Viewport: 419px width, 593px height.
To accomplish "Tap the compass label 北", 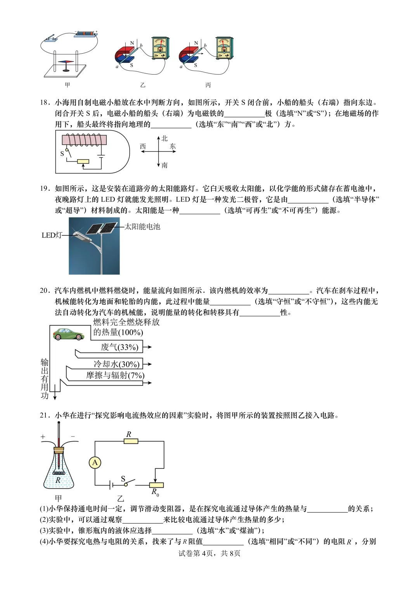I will (165, 138).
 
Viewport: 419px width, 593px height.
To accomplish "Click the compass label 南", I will (165, 165).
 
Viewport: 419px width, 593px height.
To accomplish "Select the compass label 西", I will (143, 146).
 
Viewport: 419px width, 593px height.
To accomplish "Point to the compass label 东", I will (173, 146).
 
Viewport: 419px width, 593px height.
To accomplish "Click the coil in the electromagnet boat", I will (84, 140).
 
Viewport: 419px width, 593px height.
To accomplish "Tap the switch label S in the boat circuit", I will (62, 153).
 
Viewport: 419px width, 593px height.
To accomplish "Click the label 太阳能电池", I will (142, 226).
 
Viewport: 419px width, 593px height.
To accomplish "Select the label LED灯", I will (51, 235).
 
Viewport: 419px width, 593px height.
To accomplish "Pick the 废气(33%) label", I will (119, 347).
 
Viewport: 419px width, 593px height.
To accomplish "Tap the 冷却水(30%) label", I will (116, 364).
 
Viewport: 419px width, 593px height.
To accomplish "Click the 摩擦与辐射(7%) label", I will (115, 375).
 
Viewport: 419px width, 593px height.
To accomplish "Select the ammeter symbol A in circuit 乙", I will (95, 463).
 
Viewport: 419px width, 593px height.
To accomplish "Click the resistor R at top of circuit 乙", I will (131, 441).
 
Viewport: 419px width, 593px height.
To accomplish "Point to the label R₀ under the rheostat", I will (155, 492).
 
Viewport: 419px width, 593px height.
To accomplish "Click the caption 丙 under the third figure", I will (208, 85).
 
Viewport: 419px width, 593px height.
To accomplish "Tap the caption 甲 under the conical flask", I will (58, 498).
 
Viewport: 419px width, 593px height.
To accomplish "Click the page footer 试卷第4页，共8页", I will (209, 553).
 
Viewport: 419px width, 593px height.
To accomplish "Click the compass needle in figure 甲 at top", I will (66, 62).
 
